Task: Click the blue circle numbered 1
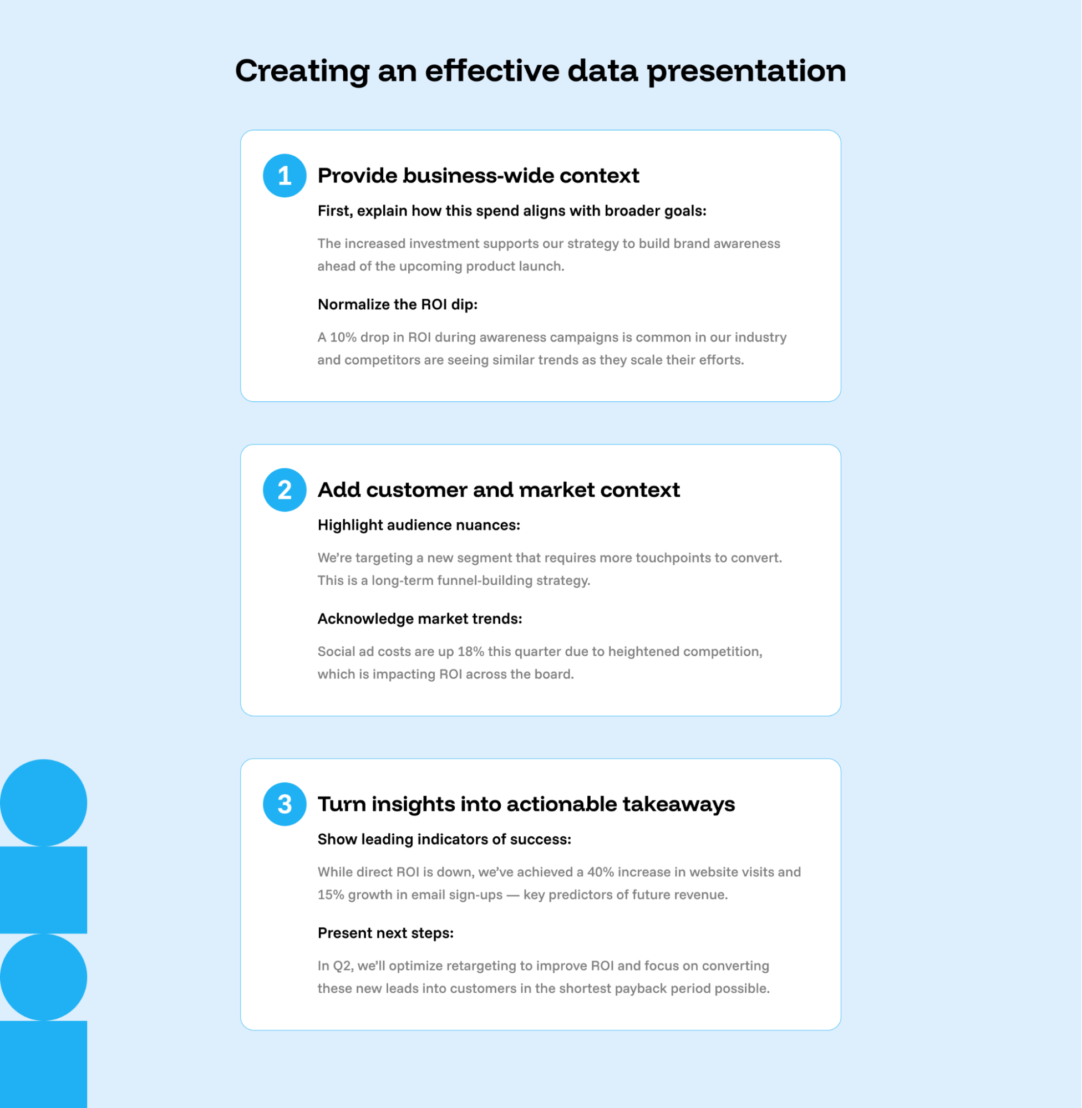[284, 176]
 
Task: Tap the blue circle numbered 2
[284, 489]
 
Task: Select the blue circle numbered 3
[284, 804]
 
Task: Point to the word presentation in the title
[746, 72]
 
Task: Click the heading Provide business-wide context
[478, 176]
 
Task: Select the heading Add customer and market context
[499, 489]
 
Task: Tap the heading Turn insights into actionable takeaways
[526, 804]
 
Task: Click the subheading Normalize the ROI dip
[397, 304]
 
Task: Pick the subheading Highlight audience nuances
[419, 525]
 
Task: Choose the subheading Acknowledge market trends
[419, 619]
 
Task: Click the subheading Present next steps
[385, 932]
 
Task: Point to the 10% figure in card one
[343, 338]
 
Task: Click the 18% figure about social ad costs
[470, 651]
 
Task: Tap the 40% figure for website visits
[600, 872]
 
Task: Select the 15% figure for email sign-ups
[331, 895]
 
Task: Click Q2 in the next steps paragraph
[343, 966]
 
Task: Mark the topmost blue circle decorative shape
[43, 803]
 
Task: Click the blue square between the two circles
[43, 890]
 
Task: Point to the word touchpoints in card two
[673, 558]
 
